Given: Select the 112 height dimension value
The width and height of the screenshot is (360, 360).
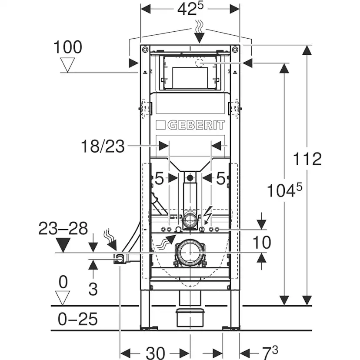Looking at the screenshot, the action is point(307,159).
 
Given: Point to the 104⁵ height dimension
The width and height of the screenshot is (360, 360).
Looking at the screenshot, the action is point(284,190).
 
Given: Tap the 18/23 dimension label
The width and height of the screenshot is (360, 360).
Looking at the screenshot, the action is point(103,146).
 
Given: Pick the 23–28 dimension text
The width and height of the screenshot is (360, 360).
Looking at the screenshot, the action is point(63,228).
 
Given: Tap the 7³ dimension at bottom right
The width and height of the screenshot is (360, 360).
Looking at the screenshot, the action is point(270,353).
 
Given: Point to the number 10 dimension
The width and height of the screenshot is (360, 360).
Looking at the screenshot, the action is point(262,243).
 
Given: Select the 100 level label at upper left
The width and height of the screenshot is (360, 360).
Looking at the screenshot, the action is point(68,47).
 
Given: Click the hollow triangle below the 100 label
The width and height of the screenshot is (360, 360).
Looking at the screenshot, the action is point(67,65).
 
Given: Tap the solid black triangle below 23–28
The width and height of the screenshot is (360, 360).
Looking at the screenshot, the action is point(63,245).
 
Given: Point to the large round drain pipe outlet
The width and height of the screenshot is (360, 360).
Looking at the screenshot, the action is point(190,252).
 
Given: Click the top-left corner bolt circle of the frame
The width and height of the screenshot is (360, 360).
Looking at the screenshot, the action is point(145,50).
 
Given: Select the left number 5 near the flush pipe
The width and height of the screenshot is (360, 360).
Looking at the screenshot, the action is point(159,178).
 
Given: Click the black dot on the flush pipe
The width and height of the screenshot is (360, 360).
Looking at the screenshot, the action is point(190,178).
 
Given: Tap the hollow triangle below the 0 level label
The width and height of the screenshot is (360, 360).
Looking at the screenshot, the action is point(63,298).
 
